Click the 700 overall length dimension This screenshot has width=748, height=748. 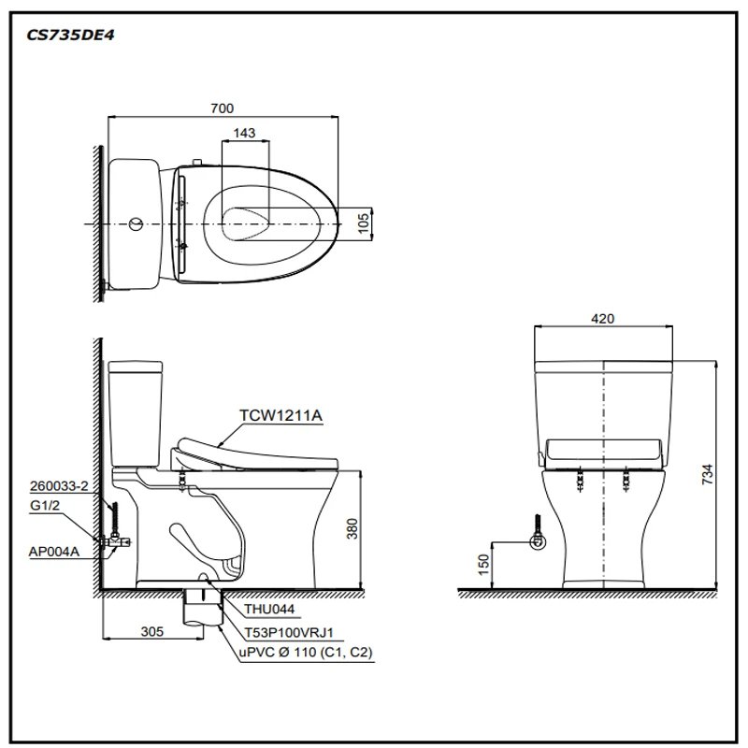222,108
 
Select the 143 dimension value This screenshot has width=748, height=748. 245,134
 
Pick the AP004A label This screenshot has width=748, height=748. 54,553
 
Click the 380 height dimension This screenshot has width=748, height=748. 352,529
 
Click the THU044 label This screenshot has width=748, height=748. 268,609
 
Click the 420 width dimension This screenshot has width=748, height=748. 603,319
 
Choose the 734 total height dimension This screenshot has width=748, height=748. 708,474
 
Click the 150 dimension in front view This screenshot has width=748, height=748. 482,565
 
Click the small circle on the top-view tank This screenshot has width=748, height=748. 136,225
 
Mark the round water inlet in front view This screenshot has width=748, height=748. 537,541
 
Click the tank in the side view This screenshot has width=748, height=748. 136,411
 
